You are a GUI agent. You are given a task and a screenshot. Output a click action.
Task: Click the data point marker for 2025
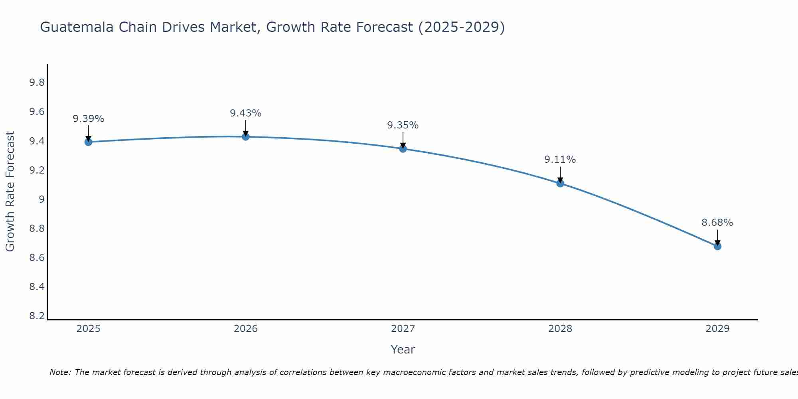(89, 142)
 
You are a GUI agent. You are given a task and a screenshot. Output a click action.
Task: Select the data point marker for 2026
(246, 137)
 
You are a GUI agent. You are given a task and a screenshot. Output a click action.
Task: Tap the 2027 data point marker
(403, 149)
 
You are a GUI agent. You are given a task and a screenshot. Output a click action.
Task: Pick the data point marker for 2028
(560, 184)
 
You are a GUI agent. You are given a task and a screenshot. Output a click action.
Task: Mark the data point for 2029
(717, 246)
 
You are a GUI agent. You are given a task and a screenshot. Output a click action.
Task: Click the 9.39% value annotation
(89, 119)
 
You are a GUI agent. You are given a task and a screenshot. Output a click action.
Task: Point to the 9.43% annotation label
(246, 113)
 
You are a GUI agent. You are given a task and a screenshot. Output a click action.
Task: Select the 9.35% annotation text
(403, 125)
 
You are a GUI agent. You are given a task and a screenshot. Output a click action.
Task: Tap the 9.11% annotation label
(560, 160)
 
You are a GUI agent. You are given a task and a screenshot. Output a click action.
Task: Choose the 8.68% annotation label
(717, 223)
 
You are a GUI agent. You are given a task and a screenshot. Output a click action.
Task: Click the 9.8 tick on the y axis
(37, 83)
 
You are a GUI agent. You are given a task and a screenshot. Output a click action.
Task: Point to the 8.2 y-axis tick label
(37, 316)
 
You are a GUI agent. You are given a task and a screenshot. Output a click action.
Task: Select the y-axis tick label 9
(41, 199)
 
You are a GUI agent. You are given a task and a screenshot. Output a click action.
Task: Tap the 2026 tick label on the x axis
(246, 329)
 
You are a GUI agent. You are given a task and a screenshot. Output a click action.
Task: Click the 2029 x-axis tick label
(717, 329)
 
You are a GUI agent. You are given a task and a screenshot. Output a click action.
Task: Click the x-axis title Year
(403, 350)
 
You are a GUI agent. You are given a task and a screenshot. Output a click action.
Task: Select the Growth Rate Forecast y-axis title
(10, 192)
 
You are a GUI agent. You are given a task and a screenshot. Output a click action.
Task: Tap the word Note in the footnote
(60, 372)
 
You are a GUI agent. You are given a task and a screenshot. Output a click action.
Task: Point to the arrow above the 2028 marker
(560, 174)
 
